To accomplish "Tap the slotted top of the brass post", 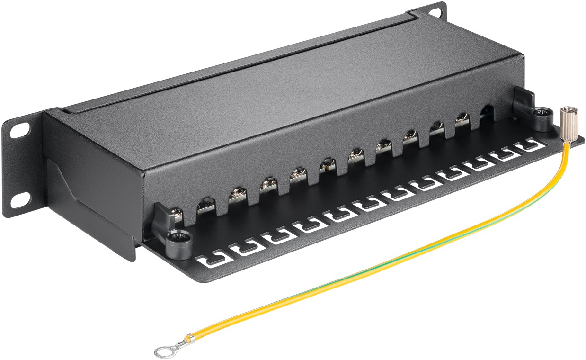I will point(565,112).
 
